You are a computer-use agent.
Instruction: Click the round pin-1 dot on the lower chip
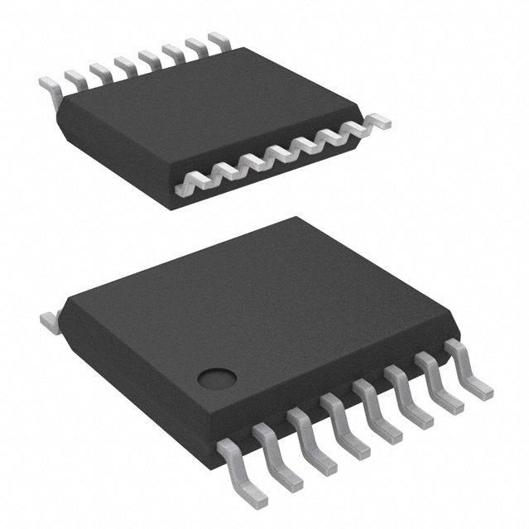click(217, 378)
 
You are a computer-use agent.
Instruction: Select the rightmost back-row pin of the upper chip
click(219, 38)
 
